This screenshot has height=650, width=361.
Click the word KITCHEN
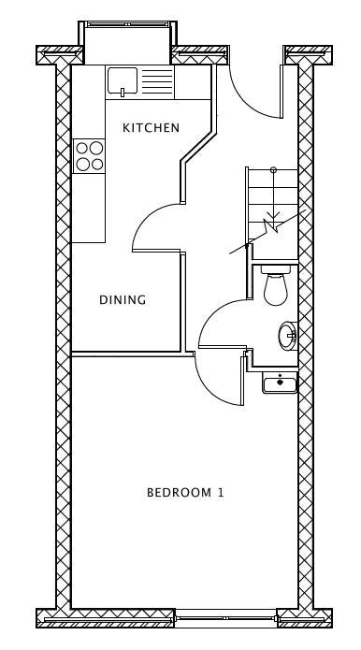pos(151,128)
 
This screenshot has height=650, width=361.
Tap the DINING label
pos(123,299)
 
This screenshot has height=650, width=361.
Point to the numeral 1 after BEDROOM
pos(221,493)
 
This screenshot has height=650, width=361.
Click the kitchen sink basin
pos(123,80)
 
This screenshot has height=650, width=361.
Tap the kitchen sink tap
pos(123,93)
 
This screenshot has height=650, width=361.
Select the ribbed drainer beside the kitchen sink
pos(157,81)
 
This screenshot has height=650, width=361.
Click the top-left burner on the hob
pos(82,148)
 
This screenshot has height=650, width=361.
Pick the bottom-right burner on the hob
pos(97,165)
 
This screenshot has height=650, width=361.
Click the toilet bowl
pos(276,289)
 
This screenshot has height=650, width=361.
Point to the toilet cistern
pos(276,269)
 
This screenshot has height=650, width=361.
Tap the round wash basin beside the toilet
pos(288,336)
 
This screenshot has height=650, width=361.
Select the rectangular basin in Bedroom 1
pos(280,383)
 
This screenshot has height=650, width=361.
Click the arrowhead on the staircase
pos(273,216)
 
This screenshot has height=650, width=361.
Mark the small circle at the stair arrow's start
pos(273,169)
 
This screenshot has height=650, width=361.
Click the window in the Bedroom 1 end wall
pos(226,617)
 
